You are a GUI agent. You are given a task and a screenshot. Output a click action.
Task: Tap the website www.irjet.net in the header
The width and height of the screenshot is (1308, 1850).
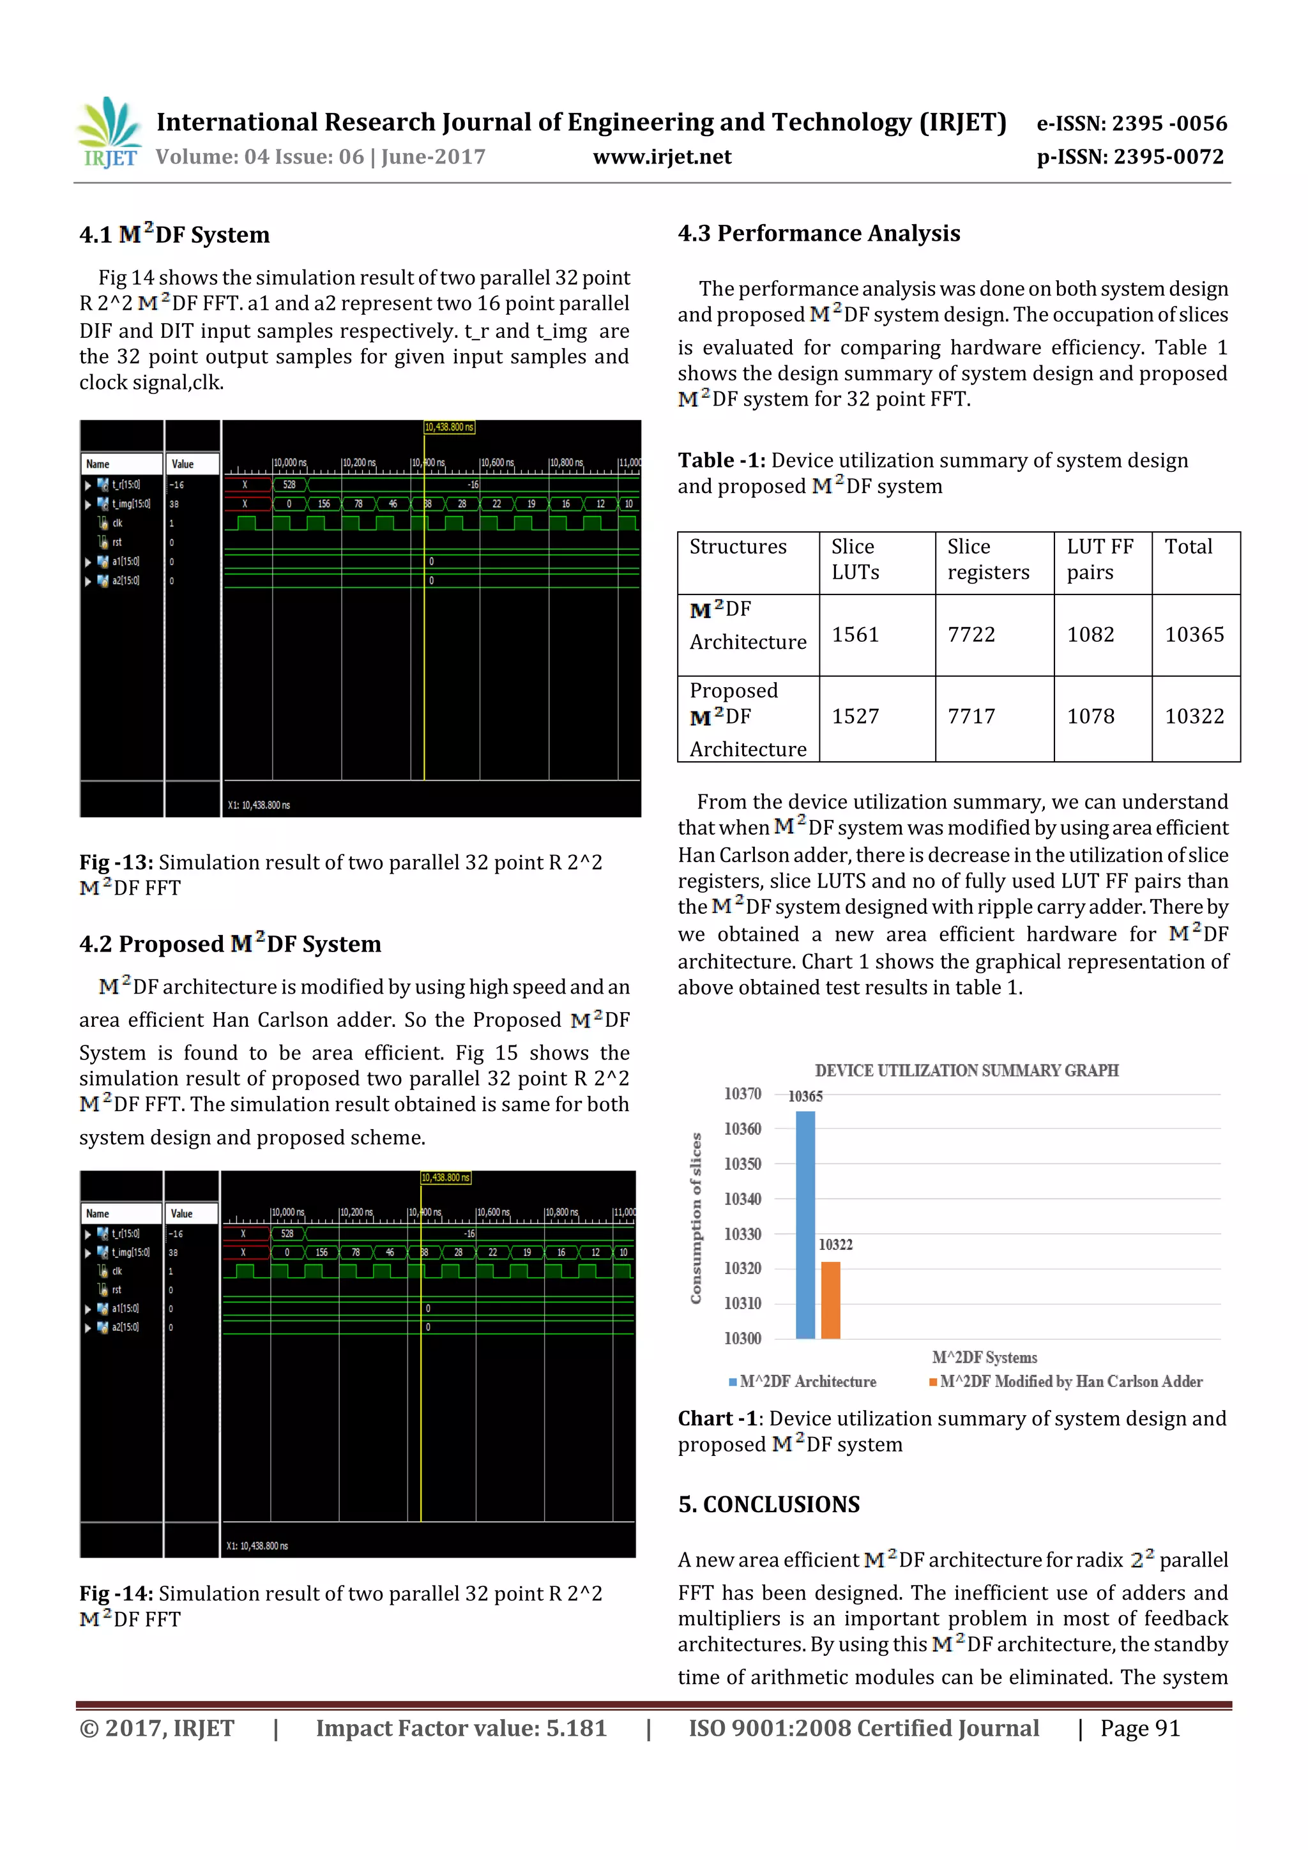pyautogui.click(x=662, y=156)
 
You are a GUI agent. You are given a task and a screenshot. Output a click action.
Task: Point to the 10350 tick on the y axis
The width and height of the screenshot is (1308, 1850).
pyautogui.click(x=741, y=1164)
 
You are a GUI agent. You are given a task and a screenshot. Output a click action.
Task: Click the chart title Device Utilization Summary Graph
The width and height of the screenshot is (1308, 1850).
pyautogui.click(x=966, y=1070)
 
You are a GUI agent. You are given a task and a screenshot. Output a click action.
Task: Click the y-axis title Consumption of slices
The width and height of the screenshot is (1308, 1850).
pyautogui.click(x=696, y=1218)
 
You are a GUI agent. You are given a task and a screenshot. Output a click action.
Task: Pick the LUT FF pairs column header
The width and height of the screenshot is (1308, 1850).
pyautogui.click(x=1099, y=559)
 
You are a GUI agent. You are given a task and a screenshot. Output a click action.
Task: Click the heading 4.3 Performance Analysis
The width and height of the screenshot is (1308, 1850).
pyautogui.click(x=818, y=234)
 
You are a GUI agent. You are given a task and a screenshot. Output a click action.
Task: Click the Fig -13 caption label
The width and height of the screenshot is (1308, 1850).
pyautogui.click(x=116, y=862)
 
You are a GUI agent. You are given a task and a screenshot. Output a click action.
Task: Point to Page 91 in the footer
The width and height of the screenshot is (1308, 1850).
pyautogui.click(x=1139, y=1727)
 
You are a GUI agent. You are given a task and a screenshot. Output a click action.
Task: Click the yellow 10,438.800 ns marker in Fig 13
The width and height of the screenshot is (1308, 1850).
pyautogui.click(x=449, y=427)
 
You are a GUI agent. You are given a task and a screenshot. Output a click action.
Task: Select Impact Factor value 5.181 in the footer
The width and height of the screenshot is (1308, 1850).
pyautogui.click(x=460, y=1727)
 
